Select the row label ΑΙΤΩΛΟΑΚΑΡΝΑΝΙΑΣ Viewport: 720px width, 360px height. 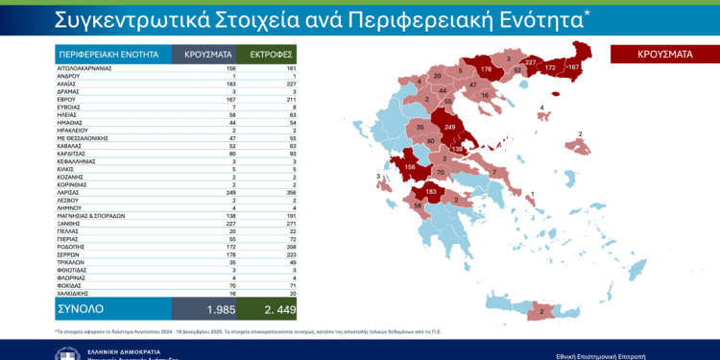click(x=84, y=70)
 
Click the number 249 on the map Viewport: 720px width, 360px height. click(x=450, y=127)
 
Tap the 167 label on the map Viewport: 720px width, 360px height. click(x=573, y=67)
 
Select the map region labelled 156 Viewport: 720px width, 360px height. click(x=408, y=167)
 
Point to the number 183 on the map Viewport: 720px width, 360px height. click(x=432, y=192)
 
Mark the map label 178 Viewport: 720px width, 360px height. click(x=486, y=70)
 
